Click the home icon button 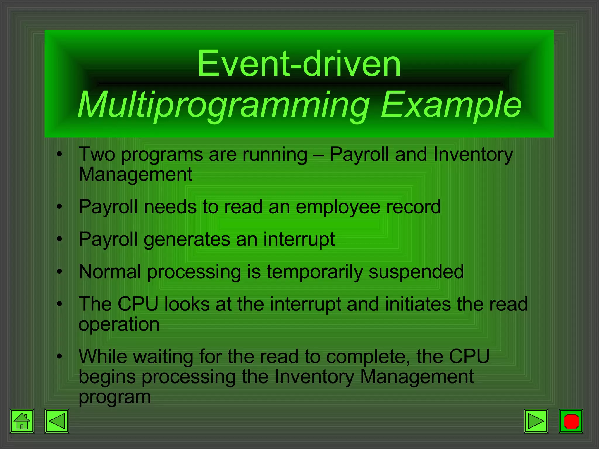22,421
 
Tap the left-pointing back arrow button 57,421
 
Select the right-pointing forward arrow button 536,421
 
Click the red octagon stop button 571,421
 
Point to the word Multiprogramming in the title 223,105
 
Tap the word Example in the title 451,105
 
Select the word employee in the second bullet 338,207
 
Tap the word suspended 416,272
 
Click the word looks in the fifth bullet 187,304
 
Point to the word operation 119,324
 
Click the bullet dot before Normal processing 60,272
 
